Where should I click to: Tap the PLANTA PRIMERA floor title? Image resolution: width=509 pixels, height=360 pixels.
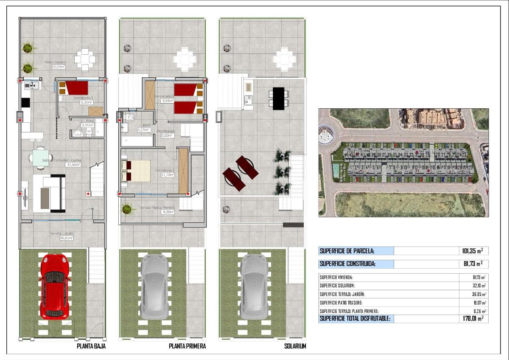point(187,346)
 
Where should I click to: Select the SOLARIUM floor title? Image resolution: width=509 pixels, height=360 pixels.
point(295,346)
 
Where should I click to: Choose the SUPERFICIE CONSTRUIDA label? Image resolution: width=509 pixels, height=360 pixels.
point(347,264)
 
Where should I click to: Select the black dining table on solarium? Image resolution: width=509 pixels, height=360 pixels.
point(279,98)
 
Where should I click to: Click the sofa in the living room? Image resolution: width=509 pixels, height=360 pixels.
point(50,193)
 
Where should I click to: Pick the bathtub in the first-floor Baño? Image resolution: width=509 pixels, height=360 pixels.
point(137,141)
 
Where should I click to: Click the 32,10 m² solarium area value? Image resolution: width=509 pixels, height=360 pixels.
point(480,286)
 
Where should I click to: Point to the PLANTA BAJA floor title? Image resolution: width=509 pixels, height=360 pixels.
point(91,346)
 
